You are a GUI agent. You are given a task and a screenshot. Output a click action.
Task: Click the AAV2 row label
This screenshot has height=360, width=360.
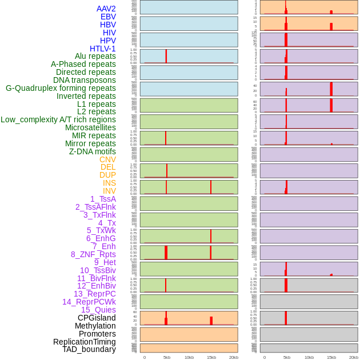click(106, 9)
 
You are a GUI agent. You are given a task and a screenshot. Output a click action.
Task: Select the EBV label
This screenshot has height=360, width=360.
click(108, 17)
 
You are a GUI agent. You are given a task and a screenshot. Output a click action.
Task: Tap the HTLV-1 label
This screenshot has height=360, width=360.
click(103, 49)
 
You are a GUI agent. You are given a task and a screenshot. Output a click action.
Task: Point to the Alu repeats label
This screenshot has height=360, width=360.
click(95, 56)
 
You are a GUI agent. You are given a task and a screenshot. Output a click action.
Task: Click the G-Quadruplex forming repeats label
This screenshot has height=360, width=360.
click(61, 88)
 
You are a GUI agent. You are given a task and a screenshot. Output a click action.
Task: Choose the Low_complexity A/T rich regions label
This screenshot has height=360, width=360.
click(58, 119)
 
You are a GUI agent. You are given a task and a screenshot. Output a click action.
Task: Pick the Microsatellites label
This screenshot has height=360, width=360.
click(90, 127)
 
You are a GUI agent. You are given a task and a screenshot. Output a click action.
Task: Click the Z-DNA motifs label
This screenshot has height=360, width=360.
click(93, 151)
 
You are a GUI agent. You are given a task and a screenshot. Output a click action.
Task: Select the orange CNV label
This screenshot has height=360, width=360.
click(107, 159)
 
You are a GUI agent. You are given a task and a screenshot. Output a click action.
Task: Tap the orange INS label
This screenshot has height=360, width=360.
click(109, 183)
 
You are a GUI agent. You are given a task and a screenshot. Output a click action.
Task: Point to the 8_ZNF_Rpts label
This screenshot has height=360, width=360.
click(93, 254)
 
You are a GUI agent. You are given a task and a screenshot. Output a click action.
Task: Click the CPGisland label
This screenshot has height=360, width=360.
click(97, 318)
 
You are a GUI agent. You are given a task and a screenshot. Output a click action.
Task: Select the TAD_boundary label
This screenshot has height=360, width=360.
click(89, 349)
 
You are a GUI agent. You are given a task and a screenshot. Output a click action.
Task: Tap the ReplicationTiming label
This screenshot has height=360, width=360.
click(85, 342)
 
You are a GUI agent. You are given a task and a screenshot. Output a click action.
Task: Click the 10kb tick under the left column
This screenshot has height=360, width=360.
click(189, 357)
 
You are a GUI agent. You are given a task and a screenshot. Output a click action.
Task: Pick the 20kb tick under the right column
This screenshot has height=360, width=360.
click(354, 357)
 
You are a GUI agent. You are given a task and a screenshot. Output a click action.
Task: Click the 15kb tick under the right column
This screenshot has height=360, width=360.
click(331, 357)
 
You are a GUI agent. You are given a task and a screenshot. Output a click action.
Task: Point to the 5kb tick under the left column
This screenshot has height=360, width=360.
click(167, 357)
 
